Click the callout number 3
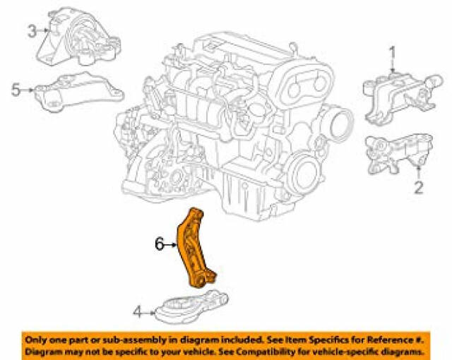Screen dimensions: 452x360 pyautogui.click(x=32, y=31)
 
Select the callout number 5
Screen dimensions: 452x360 pyautogui.click(x=16, y=90)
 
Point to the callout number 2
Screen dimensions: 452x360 pyautogui.click(x=418, y=187)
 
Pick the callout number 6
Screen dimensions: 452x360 pyautogui.click(x=159, y=245)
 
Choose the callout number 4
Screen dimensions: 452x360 pyautogui.click(x=138, y=311)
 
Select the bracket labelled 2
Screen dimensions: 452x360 pyautogui.click(x=399, y=152)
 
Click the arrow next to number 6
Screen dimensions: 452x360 pyautogui.click(x=170, y=245)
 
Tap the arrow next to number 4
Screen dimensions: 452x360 pyautogui.click(x=150, y=312)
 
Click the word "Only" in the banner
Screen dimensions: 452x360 pyautogui.click(x=35, y=340)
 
